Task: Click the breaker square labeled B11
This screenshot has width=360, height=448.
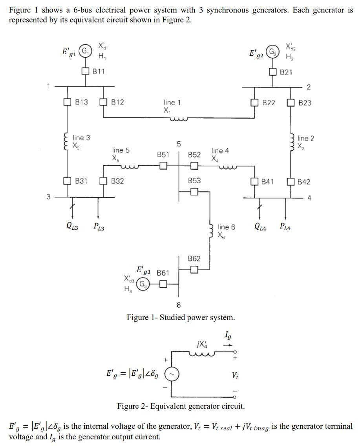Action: [86, 71]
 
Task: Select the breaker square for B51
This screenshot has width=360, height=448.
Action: [163, 165]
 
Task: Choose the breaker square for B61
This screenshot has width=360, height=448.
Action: [163, 283]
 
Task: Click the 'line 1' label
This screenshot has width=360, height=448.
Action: [172, 102]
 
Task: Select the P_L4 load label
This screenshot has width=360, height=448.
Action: [285, 226]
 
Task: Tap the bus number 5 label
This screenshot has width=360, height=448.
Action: [179, 144]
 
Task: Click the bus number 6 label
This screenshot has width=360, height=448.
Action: [179, 305]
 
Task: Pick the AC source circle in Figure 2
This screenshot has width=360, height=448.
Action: [171, 373]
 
